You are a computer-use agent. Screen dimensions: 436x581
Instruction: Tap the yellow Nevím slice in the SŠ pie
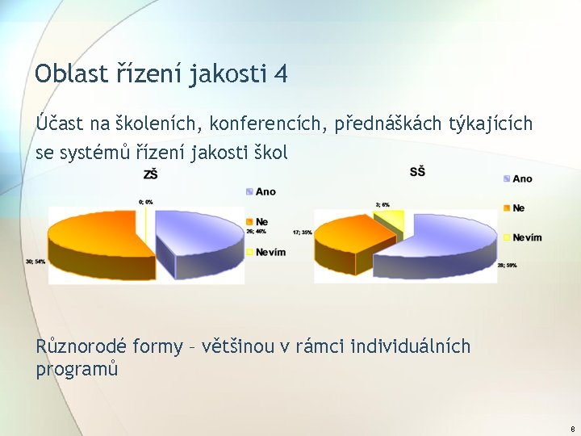point(392,219)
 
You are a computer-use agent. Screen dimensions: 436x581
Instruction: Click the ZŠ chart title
point(150,175)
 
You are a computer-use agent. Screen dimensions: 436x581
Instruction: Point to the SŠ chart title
point(417,171)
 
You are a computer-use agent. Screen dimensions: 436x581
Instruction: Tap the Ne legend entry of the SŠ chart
point(517,208)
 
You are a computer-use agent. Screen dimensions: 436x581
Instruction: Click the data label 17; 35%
point(303,233)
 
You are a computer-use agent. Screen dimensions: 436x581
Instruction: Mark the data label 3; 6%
point(382,205)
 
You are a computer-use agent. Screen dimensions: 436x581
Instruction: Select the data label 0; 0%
point(145,201)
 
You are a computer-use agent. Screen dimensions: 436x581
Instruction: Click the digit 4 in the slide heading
point(280,74)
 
